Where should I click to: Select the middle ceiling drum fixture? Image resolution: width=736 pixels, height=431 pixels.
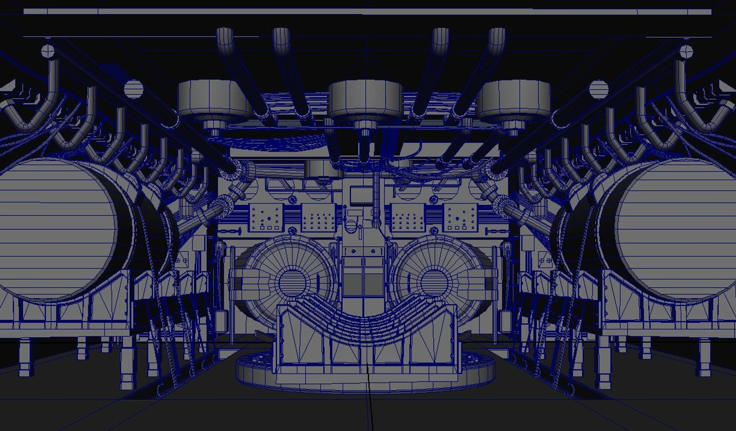click(365, 100)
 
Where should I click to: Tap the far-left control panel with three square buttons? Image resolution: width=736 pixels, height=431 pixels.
click(266, 217)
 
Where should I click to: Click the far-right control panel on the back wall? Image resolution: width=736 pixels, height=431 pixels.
click(461, 217)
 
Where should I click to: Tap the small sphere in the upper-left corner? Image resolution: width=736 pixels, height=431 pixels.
click(47, 51)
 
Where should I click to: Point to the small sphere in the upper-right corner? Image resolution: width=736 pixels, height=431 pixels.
click(686, 51)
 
